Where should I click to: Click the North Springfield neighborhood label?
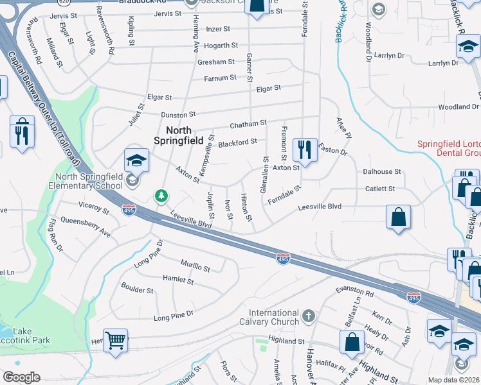(x=180, y=134)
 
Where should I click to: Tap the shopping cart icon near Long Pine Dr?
(x=116, y=340)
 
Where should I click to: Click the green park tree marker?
(x=161, y=195)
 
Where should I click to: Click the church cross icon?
(x=309, y=315)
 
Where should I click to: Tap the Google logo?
(x=21, y=377)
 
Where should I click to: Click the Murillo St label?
(x=195, y=266)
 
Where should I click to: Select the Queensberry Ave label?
(x=86, y=228)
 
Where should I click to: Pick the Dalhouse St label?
(x=382, y=172)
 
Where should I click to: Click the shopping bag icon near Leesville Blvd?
(x=399, y=217)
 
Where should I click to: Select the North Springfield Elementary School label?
(x=80, y=182)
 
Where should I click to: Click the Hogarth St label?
(x=221, y=46)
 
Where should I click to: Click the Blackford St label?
(x=237, y=142)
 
